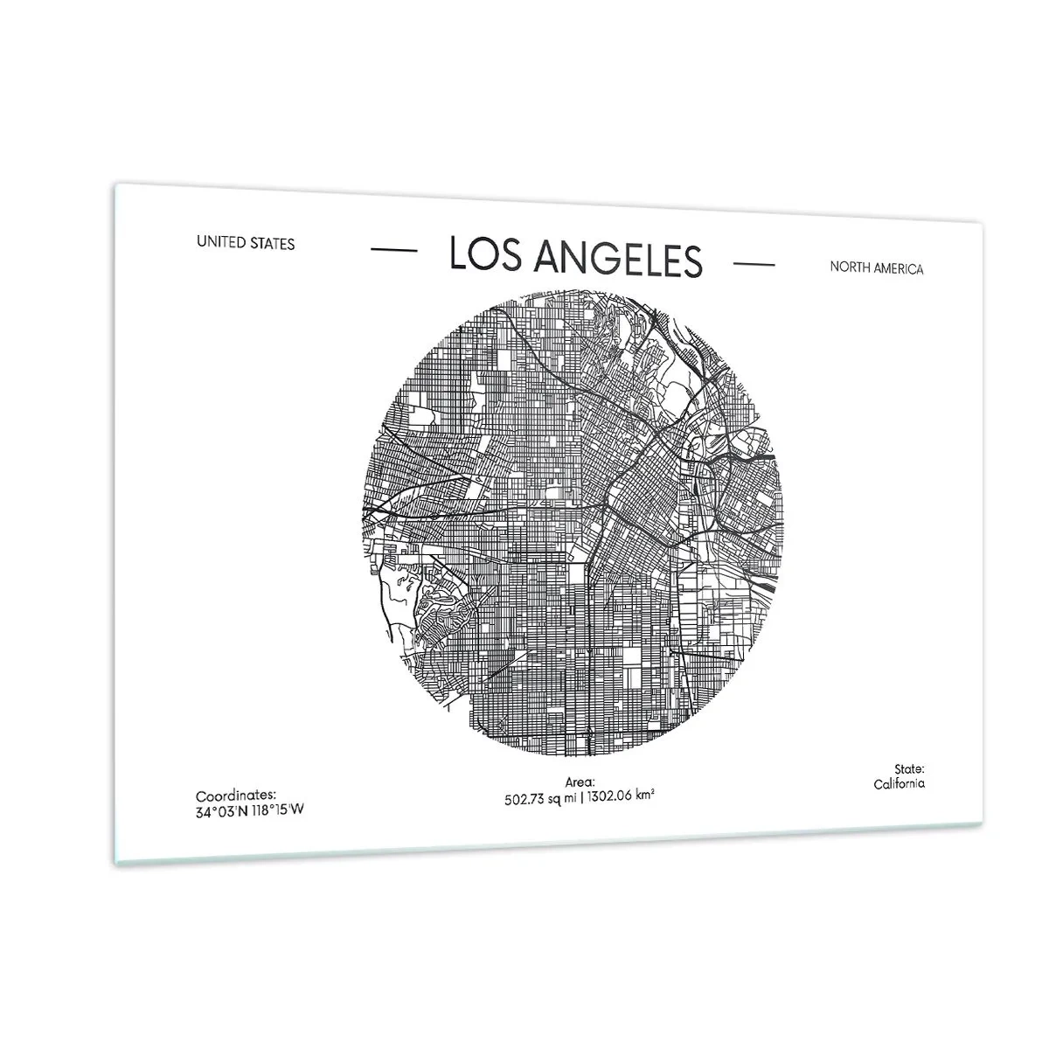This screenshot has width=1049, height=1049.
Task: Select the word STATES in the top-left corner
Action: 273,244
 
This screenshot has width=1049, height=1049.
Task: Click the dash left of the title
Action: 393,251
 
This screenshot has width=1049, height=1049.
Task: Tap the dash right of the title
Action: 754,263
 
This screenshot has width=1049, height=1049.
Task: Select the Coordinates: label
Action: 235,795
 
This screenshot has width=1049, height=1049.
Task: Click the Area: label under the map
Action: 580,782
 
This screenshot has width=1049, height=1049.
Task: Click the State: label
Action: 909,768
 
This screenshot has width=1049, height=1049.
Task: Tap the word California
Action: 899,783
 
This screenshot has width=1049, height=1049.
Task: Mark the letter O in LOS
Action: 483,254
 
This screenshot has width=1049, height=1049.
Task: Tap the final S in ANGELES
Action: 692,261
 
